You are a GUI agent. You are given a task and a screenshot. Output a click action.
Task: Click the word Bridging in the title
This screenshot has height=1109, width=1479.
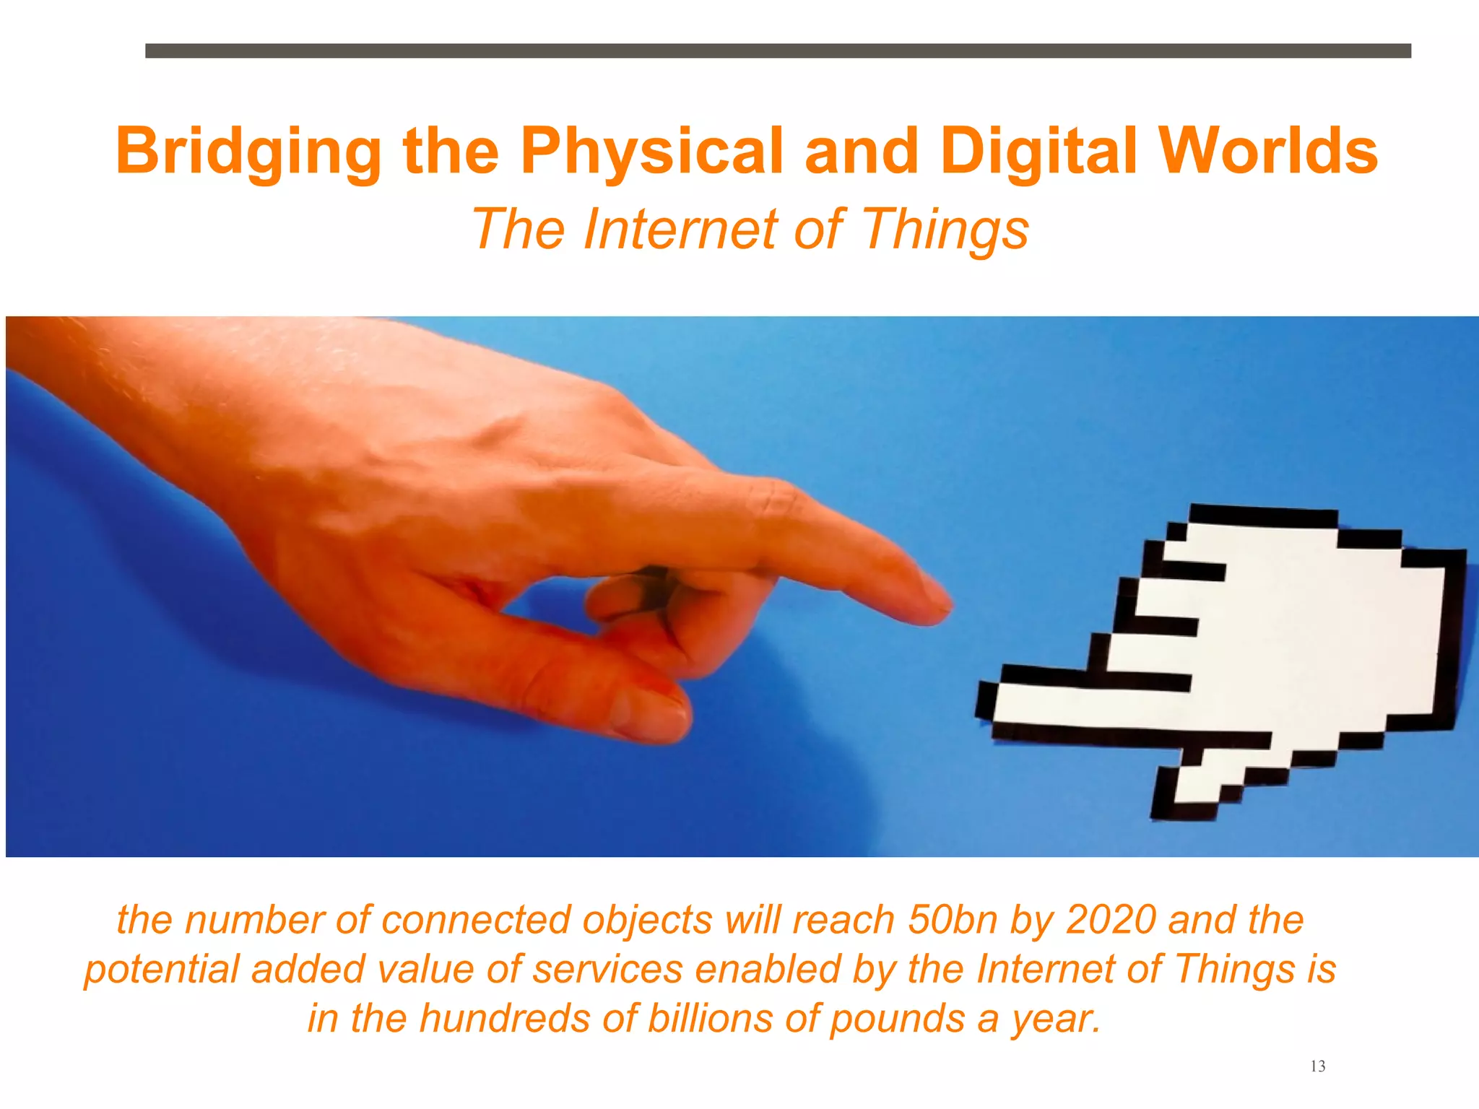248,152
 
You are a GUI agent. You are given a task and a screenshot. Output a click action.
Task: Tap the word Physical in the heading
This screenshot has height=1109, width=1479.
651,152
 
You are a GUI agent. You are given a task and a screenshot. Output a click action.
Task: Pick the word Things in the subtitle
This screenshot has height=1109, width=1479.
945,230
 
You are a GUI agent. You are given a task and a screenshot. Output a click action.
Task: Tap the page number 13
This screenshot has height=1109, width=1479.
1317,1066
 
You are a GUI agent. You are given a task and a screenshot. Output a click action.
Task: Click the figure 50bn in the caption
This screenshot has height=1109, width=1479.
953,920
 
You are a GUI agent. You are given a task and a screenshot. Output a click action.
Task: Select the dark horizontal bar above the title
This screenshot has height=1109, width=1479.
778,51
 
